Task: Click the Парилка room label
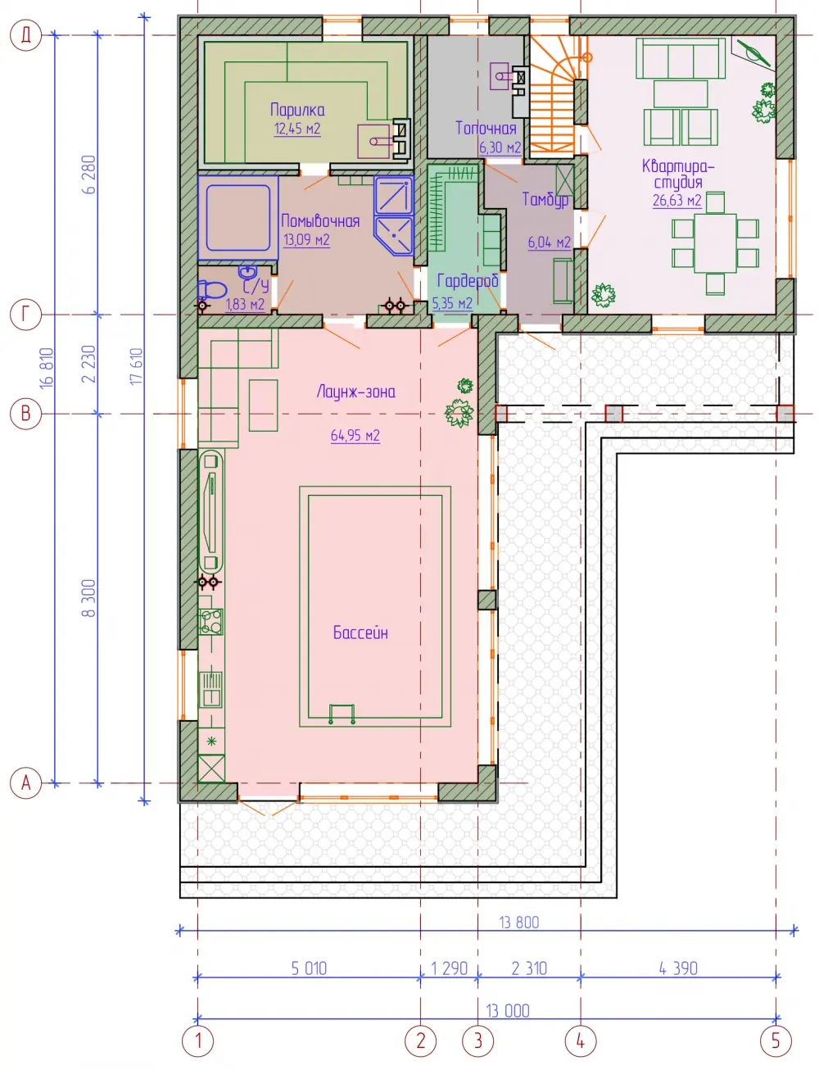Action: [x=297, y=110]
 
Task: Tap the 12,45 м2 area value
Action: [x=297, y=129]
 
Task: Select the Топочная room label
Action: [x=486, y=129]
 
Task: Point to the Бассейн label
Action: [x=360, y=632]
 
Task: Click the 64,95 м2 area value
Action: [x=355, y=436]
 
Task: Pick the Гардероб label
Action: [x=468, y=281]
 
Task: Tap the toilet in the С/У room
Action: [x=211, y=290]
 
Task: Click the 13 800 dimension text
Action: [x=518, y=923]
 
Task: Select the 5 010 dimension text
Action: [x=309, y=968]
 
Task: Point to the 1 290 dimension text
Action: [x=449, y=968]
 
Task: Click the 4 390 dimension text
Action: [x=678, y=968]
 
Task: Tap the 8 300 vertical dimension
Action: [x=89, y=598]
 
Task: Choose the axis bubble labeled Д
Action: [x=25, y=35]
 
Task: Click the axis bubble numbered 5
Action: [x=776, y=1041]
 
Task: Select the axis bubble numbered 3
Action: [x=478, y=1041]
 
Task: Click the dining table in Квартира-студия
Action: [x=715, y=243]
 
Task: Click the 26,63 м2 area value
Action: [x=676, y=201]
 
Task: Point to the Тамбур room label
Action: [x=545, y=199]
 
